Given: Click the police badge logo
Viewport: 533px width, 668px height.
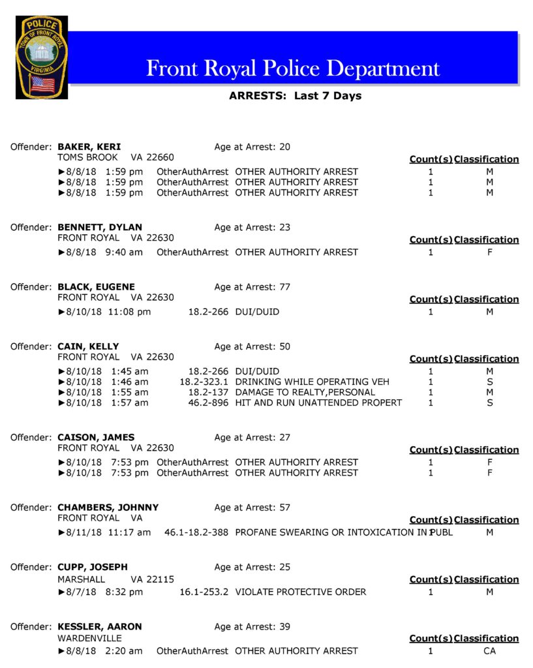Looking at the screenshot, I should [x=41, y=57].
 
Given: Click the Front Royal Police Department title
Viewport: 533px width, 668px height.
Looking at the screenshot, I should [x=293, y=68].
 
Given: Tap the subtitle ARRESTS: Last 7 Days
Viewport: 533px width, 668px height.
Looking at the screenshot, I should [x=295, y=96].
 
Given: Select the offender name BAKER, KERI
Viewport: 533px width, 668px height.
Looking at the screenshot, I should [x=89, y=147].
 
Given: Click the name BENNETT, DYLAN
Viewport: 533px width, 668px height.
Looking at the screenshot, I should [x=100, y=227].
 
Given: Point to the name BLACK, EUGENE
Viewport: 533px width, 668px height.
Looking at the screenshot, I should [x=96, y=287].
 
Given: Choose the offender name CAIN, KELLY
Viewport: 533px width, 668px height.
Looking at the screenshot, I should [x=88, y=346].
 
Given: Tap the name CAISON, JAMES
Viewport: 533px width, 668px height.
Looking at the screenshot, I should [x=96, y=437].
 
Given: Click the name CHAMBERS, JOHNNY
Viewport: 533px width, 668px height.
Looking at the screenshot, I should [x=108, y=508].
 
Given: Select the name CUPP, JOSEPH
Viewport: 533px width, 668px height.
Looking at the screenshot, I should [x=93, y=567].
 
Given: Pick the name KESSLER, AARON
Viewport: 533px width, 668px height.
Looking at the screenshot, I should [x=100, y=627].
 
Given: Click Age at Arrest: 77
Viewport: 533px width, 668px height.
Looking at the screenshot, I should [x=252, y=287].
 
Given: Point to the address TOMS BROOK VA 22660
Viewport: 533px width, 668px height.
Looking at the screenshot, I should [x=115, y=157].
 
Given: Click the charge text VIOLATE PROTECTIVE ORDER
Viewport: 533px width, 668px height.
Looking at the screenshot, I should [x=300, y=592].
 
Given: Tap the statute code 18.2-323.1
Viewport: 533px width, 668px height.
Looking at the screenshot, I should [x=204, y=382].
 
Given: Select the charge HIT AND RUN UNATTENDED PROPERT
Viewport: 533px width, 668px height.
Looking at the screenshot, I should [x=318, y=402].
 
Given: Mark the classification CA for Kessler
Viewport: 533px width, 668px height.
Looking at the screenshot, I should [x=489, y=651].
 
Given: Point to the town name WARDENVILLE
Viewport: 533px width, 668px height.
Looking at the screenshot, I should [x=89, y=638].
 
